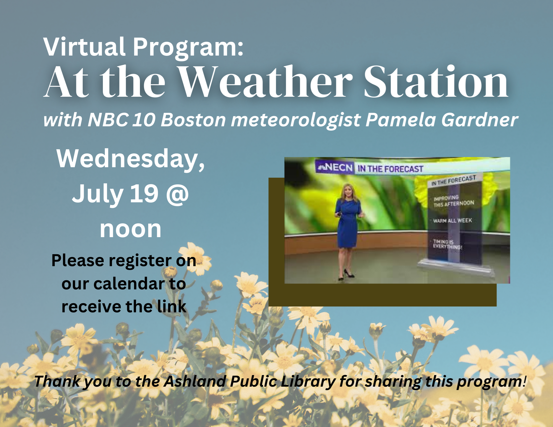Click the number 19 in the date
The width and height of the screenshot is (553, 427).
(x=144, y=193)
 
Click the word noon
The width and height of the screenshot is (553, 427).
(x=131, y=229)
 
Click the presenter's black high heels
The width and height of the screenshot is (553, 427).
(x=347, y=275)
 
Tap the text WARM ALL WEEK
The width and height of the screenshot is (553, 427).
(x=452, y=221)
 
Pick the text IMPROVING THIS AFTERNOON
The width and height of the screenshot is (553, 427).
(x=453, y=201)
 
